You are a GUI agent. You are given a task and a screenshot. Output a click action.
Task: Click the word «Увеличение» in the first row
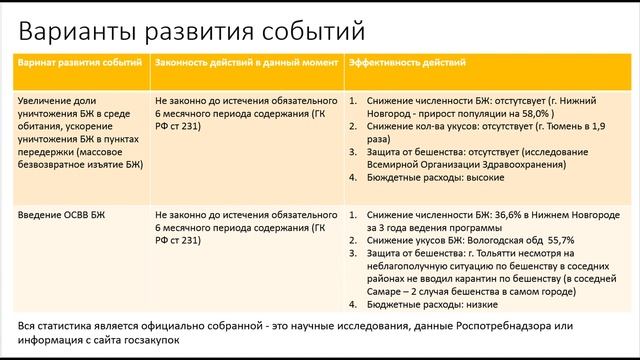pyautogui.click(x=47, y=101)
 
